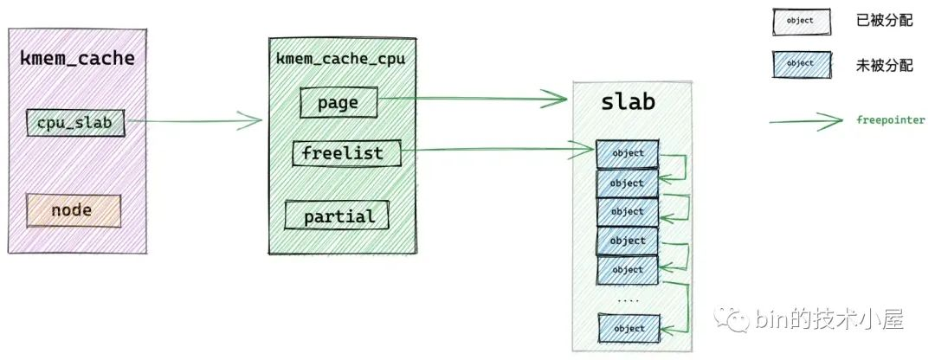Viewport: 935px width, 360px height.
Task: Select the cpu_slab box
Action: pos(74,123)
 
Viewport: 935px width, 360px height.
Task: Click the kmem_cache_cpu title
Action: pos(340,60)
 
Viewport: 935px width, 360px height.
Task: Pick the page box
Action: pos(339,103)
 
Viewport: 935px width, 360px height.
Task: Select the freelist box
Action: pos(341,154)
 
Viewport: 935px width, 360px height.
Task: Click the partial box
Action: pos(339,215)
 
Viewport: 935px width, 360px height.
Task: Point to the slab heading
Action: pos(628,102)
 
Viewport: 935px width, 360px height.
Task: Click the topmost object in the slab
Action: pos(627,154)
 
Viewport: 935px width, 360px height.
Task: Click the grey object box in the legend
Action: pos(800,20)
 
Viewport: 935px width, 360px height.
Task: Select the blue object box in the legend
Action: pos(800,63)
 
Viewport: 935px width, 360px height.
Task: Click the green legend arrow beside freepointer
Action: pos(805,121)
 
